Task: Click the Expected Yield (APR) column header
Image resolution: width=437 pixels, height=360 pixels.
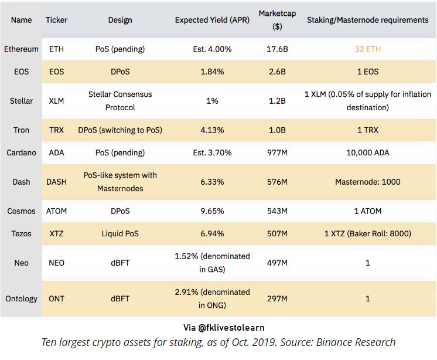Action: click(x=212, y=20)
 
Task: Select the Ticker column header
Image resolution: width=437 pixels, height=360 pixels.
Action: click(x=57, y=20)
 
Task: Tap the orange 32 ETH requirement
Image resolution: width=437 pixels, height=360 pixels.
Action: click(x=368, y=49)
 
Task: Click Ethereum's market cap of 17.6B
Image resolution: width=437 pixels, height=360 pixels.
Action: click(x=277, y=49)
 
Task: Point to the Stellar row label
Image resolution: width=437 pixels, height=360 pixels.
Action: click(x=21, y=101)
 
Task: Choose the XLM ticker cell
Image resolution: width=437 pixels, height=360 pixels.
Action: click(x=56, y=101)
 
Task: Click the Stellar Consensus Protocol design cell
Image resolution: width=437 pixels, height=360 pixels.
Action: click(x=120, y=101)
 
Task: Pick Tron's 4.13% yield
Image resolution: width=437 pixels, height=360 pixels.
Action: click(x=212, y=130)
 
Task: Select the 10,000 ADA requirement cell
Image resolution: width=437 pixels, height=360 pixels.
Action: click(x=368, y=152)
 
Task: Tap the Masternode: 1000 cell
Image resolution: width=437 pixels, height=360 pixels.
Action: click(x=368, y=182)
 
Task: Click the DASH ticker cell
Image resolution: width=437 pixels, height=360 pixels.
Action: click(x=56, y=182)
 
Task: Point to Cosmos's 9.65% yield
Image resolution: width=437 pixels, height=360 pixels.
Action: click(x=212, y=211)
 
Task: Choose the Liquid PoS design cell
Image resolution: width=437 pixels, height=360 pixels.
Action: click(x=120, y=233)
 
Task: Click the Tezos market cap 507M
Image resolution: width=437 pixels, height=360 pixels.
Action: click(x=277, y=233)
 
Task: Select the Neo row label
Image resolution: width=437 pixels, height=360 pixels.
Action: click(x=21, y=263)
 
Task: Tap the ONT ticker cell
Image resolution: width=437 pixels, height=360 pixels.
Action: click(x=56, y=298)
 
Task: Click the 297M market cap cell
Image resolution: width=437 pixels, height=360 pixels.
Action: click(x=277, y=298)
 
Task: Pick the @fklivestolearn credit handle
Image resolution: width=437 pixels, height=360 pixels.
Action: click(x=231, y=327)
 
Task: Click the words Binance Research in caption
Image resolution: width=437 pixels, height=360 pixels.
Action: click(x=356, y=342)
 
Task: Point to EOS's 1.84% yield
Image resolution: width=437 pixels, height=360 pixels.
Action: click(x=212, y=72)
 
